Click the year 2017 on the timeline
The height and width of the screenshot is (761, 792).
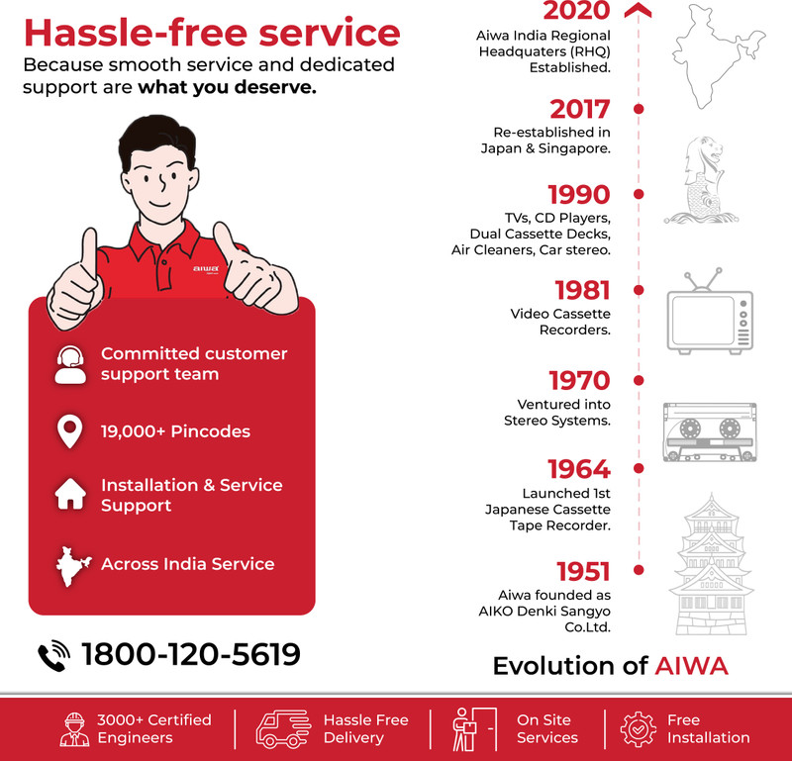(x=580, y=109)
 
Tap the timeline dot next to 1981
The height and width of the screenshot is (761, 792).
(x=639, y=290)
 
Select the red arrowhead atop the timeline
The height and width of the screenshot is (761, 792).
(x=638, y=10)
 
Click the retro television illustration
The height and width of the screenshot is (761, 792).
(x=710, y=311)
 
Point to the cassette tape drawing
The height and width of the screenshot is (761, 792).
(x=710, y=431)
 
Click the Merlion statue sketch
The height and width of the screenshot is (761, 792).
(x=701, y=180)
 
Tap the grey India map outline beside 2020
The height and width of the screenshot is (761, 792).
(x=719, y=56)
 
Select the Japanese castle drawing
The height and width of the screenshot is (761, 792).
(x=711, y=564)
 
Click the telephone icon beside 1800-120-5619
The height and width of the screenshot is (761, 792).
(x=54, y=655)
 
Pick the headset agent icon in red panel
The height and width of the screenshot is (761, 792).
(x=70, y=364)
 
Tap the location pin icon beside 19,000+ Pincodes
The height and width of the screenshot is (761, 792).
(x=69, y=431)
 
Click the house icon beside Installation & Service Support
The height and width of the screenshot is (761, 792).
(x=70, y=494)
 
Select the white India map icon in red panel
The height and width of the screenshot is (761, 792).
(x=72, y=567)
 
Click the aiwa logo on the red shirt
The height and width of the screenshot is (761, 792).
(x=206, y=268)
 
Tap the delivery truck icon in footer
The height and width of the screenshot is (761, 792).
(x=283, y=728)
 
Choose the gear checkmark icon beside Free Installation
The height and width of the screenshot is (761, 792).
(x=639, y=728)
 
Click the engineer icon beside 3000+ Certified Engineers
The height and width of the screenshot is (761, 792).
(x=74, y=728)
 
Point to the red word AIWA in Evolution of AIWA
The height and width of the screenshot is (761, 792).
(x=691, y=666)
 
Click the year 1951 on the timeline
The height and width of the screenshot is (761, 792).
(x=583, y=572)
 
